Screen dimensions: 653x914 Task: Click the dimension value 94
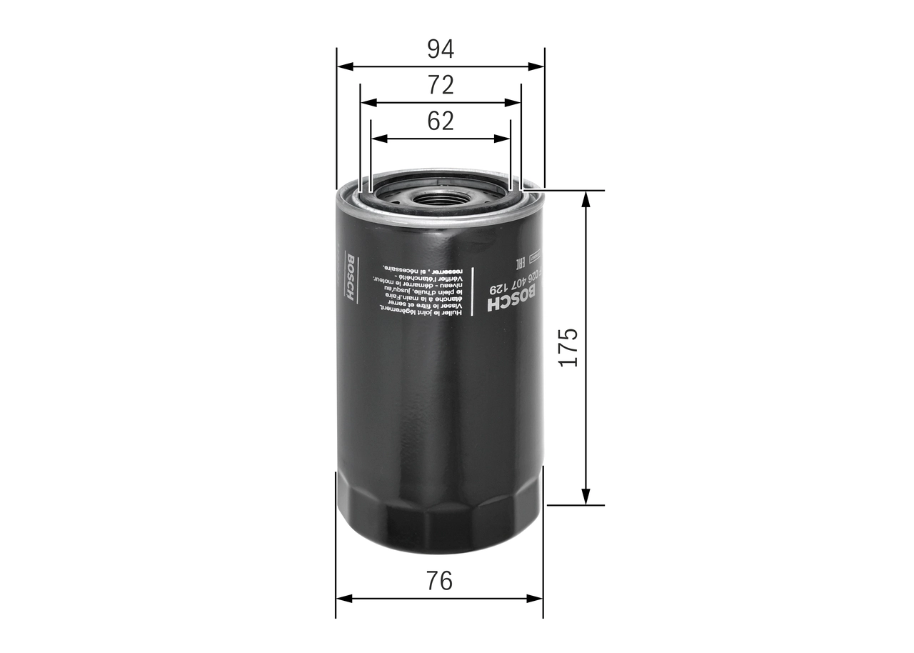(x=441, y=49)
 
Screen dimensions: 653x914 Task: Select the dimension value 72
(x=441, y=85)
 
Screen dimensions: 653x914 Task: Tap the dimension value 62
(x=441, y=121)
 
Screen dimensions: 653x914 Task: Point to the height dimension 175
(x=568, y=348)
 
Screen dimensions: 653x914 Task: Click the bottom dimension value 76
(x=440, y=581)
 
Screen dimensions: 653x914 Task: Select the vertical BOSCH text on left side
(x=349, y=276)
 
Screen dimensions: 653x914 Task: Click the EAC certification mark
(x=521, y=262)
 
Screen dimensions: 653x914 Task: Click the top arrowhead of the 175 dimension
(x=586, y=199)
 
